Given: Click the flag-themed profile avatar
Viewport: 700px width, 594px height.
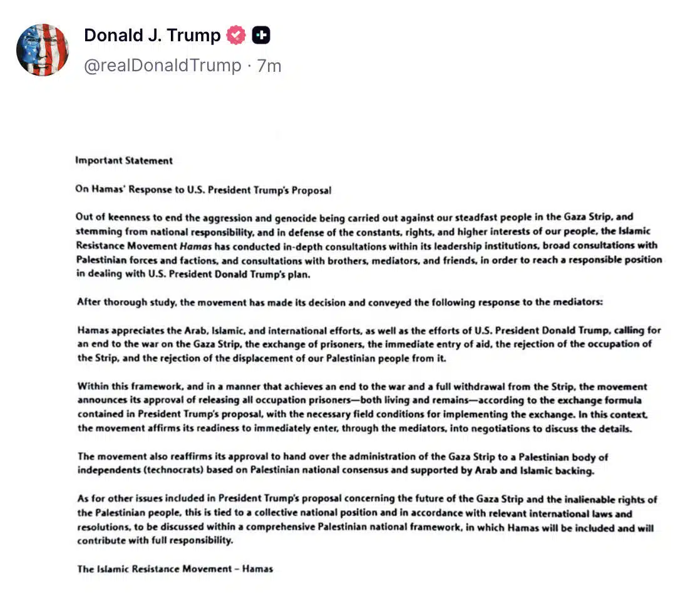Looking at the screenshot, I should (43, 49).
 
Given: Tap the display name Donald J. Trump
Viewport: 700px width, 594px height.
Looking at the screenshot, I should (152, 36).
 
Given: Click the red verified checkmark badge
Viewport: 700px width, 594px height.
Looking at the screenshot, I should (236, 36).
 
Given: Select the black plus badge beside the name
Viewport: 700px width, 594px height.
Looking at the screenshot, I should (261, 36).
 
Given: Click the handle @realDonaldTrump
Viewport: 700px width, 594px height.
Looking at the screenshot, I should (163, 66).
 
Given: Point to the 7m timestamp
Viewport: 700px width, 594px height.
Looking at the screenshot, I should (269, 66).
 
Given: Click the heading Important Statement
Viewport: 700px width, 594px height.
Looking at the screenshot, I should (124, 161).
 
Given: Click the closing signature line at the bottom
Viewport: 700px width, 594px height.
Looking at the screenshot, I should (175, 569).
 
